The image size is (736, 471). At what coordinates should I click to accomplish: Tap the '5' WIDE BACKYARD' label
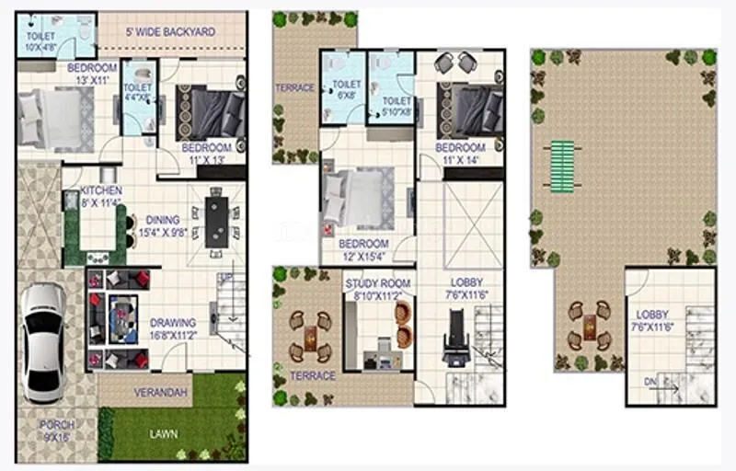click(x=170, y=32)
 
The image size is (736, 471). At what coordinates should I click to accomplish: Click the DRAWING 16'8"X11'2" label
click(x=173, y=329)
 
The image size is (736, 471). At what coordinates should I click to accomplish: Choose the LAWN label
click(x=166, y=433)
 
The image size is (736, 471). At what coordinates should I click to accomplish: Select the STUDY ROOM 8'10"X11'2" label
click(x=378, y=290)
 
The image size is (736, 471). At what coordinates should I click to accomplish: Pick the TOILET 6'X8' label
click(x=346, y=89)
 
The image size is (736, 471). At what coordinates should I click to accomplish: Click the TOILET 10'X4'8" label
click(x=40, y=41)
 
